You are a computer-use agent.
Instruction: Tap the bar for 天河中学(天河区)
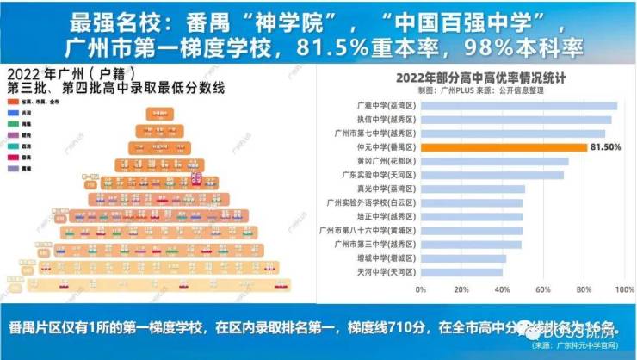[x=461, y=271]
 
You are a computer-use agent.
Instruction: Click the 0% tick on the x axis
[x=421, y=289]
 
